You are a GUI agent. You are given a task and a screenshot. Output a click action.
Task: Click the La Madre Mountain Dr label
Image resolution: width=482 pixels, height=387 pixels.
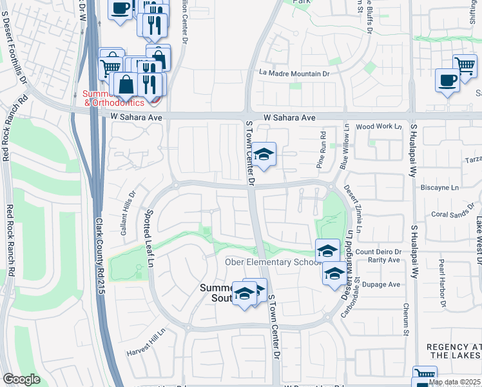[x=294, y=74]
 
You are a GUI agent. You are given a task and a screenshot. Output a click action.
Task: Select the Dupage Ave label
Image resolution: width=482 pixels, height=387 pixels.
[x=385, y=284]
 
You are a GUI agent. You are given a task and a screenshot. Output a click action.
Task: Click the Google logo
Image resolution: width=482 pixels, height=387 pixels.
[x=22, y=379]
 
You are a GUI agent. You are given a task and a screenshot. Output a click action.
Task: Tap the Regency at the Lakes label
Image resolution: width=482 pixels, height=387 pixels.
[x=454, y=351]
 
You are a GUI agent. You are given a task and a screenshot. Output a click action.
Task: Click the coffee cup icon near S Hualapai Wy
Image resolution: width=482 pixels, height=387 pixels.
[x=447, y=81]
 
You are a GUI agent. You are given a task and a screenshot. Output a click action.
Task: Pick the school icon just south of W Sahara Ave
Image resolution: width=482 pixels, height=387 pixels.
[x=263, y=155]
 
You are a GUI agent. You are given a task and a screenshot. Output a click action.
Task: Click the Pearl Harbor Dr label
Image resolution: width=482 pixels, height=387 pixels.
[x=442, y=283]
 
